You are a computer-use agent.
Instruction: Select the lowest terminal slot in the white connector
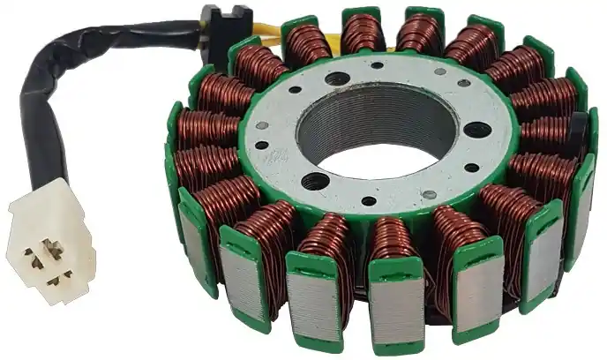[58, 281]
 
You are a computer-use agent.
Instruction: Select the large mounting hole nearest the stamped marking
[315, 182]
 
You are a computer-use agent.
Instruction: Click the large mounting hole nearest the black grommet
[337, 79]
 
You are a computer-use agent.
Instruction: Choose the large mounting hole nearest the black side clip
[476, 130]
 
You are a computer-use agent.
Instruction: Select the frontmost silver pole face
[396, 308]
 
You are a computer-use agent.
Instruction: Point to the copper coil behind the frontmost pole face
[393, 244]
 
